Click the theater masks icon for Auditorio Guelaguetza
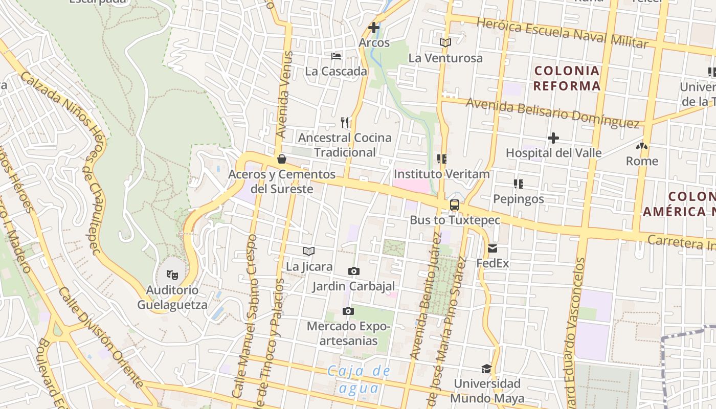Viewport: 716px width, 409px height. [172, 275]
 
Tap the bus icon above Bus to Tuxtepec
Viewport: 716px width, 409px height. [454, 205]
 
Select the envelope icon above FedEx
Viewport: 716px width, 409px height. [493, 248]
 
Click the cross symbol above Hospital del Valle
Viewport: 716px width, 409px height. [553, 138]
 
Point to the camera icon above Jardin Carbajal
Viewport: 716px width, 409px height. [353, 271]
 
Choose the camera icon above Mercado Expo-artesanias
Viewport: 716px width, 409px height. [348, 311]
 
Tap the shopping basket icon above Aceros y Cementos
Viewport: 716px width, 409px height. [281, 159]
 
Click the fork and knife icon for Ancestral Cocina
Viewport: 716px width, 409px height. [345, 122]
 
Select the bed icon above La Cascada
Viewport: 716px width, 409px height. [336, 56]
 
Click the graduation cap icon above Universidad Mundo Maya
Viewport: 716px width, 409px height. [486, 369]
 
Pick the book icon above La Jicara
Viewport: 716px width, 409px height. [308, 251]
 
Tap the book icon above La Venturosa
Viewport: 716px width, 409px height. [445, 43]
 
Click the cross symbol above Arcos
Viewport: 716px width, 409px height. [374, 28]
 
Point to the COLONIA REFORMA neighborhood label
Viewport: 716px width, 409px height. [567, 78]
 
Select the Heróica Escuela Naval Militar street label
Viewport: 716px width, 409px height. [563, 33]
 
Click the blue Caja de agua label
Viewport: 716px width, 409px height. [359, 379]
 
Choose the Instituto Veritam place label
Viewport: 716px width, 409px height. [441, 174]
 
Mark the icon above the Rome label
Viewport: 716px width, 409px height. [642, 146]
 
